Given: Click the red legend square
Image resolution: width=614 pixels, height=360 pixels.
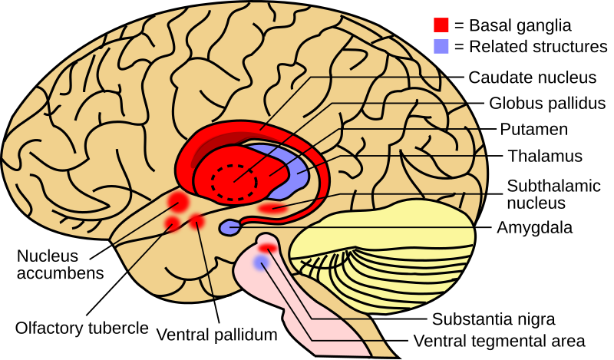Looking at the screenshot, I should pyautogui.click(x=441, y=25).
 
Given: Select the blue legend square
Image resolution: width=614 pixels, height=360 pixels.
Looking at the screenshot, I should pyautogui.click(x=441, y=46).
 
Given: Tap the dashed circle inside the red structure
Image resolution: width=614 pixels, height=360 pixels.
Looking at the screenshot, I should pyautogui.click(x=234, y=182).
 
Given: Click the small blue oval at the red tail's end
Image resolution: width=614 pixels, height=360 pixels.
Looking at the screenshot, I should pyautogui.click(x=229, y=227).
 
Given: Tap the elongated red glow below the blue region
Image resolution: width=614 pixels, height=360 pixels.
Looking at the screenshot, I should pyautogui.click(x=272, y=208).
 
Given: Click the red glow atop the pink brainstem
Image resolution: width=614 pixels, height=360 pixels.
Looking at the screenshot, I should pyautogui.click(x=267, y=248).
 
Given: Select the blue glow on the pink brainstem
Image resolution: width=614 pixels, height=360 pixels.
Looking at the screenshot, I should pyautogui.click(x=261, y=263).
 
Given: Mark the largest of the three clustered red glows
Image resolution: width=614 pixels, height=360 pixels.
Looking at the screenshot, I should pyautogui.click(x=178, y=202).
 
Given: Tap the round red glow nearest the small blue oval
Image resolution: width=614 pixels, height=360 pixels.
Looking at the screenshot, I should pyautogui.click(x=197, y=222).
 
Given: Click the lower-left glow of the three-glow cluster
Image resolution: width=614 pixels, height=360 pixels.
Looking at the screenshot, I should pyautogui.click(x=172, y=223).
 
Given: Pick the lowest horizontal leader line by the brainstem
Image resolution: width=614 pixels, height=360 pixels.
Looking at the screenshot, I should pyautogui.click(x=353, y=340).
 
